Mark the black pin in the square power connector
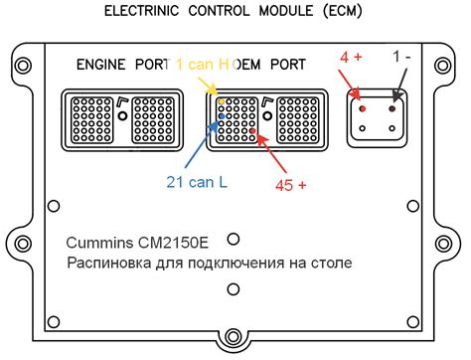click(394, 105)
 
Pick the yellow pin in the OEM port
click(223, 101)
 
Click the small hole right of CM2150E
click(234, 239)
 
